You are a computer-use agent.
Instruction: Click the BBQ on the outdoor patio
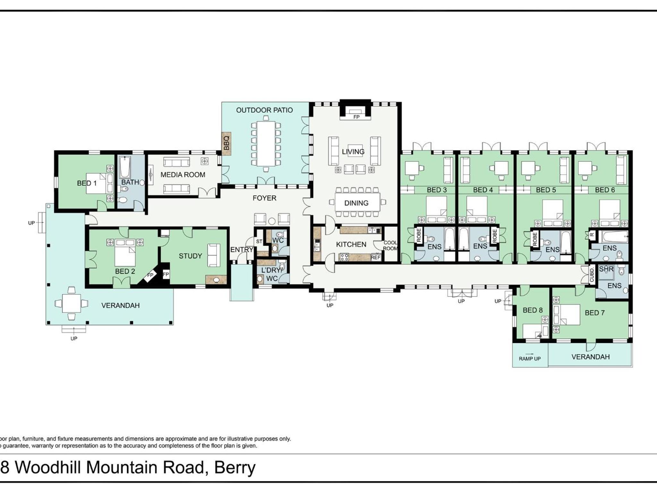coord(226,143)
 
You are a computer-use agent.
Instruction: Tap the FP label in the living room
coord(356,117)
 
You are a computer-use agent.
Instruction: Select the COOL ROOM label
coord(390,246)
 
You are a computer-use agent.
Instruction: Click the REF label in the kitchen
coord(376,257)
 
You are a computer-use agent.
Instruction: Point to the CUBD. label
coord(592,275)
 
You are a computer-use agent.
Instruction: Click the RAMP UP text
coord(530,359)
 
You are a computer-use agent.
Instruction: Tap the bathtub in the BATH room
coord(125,168)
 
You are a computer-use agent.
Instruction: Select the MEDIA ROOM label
coord(183,175)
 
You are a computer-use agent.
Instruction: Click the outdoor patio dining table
coord(266,143)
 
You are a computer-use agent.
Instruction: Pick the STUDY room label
coord(190,256)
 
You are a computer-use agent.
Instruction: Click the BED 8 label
coord(533,310)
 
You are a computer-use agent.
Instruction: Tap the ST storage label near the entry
coord(259,241)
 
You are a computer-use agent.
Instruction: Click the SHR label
coord(606,269)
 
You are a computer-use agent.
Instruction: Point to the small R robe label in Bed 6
coord(592,235)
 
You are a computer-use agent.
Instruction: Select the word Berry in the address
coord(235,468)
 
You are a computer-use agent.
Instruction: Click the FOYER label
coord(264,198)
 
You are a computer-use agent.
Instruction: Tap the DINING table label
coord(356,203)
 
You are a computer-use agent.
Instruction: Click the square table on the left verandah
coord(72,303)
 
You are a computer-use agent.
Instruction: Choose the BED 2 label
coord(125,272)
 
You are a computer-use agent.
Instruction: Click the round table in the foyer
coord(272,221)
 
